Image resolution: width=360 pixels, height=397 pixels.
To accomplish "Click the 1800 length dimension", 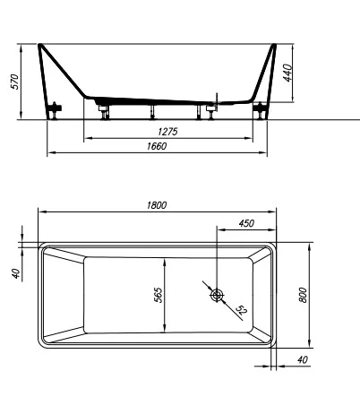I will pyautogui.click(x=158, y=205).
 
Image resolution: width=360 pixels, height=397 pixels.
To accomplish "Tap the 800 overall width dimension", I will pyautogui.click(x=304, y=295).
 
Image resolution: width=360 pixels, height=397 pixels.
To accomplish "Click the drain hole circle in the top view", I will pyautogui.click(x=217, y=295).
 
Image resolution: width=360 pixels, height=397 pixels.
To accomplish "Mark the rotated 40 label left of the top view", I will pyautogui.click(x=16, y=272).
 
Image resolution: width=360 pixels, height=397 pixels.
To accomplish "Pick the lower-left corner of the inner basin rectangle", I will pyautogui.click(x=83, y=331).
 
